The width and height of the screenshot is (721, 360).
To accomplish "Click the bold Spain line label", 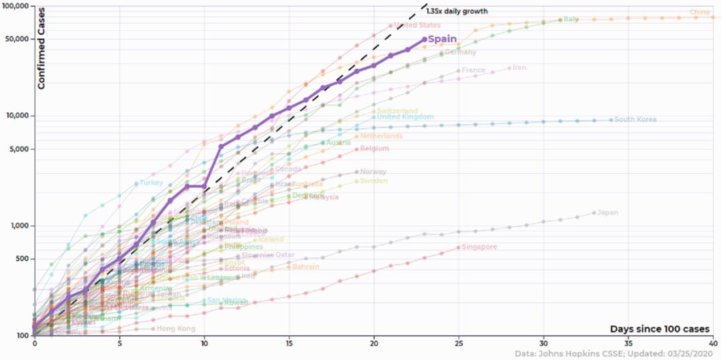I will tap(442, 39).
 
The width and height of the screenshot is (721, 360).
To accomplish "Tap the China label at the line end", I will tap(700, 12).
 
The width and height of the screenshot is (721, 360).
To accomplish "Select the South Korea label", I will tap(635, 120).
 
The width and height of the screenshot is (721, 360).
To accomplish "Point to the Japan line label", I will tap(607, 213).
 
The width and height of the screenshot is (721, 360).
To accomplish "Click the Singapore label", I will tap(479, 247).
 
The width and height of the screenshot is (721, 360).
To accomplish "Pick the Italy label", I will tap(571, 19).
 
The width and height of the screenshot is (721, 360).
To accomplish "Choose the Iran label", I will tap(519, 67).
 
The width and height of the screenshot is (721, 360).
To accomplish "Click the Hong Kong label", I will tap(176, 329).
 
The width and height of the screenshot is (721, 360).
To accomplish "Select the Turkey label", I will tap(152, 182).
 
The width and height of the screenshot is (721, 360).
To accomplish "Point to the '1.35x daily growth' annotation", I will tap(457, 11).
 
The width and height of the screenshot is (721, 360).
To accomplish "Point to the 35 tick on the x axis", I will tap(628, 342).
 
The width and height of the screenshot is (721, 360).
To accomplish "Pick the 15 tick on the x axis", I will tap(289, 342).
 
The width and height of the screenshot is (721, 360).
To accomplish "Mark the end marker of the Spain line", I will tap(425, 39).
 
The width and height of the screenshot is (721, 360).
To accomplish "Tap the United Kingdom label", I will tap(405, 117).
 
